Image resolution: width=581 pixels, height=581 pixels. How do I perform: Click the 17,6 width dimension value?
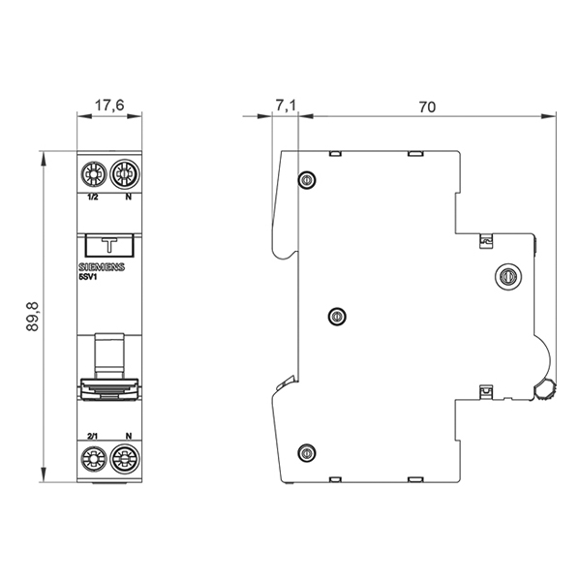(x=109, y=106)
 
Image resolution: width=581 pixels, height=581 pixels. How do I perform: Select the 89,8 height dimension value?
(x=33, y=317)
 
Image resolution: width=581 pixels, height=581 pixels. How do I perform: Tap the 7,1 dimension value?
(x=286, y=106)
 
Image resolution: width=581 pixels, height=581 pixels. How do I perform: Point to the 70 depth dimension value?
(x=427, y=107)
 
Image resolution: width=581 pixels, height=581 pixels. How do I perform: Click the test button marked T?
(x=109, y=245)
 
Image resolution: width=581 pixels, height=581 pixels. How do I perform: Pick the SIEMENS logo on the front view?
(x=102, y=267)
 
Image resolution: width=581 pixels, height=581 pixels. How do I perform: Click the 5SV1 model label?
(x=87, y=276)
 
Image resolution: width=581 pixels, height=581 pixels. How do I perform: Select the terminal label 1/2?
(x=93, y=198)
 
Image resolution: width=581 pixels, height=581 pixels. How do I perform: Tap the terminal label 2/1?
(x=92, y=436)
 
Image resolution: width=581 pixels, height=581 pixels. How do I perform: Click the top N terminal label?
(x=128, y=198)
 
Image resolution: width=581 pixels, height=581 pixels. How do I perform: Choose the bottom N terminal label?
(x=128, y=436)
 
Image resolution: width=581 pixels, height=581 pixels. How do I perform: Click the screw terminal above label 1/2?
(x=93, y=174)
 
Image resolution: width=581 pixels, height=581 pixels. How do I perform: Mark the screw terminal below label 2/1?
(x=93, y=459)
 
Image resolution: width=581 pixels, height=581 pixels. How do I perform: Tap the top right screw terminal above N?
(x=125, y=173)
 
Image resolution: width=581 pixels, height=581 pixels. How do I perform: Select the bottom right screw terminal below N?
(x=125, y=459)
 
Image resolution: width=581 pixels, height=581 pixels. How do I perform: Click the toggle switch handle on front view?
(x=109, y=389)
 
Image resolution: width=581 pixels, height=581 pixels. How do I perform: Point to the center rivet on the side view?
(x=337, y=317)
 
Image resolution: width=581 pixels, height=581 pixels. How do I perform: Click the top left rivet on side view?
(x=307, y=181)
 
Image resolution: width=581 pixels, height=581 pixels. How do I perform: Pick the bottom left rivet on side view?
(x=307, y=453)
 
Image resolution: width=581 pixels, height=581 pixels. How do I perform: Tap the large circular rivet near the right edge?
(x=508, y=276)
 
